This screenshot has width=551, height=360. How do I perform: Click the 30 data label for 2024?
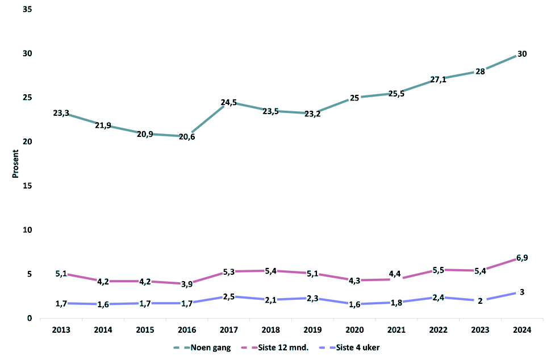[521, 54]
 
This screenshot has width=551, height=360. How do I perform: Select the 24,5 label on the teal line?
[228, 103]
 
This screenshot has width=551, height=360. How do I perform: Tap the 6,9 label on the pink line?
[521, 258]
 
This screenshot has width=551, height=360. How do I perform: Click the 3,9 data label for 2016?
[186, 284]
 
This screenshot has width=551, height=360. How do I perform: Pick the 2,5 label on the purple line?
[228, 296]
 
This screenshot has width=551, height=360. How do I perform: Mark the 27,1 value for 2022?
[438, 79]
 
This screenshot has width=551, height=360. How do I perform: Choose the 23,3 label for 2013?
[61, 113]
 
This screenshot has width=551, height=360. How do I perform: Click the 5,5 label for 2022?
[438, 270]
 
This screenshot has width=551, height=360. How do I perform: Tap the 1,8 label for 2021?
[396, 303]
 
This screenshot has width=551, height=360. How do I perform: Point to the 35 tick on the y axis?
[27, 10]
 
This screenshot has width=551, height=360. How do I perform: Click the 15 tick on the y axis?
[27, 186]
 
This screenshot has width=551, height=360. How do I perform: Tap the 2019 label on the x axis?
[312, 329]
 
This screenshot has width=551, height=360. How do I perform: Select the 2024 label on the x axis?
[521, 329]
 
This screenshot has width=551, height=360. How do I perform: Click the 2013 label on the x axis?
[61, 329]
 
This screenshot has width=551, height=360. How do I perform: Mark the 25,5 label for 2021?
[396, 94]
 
